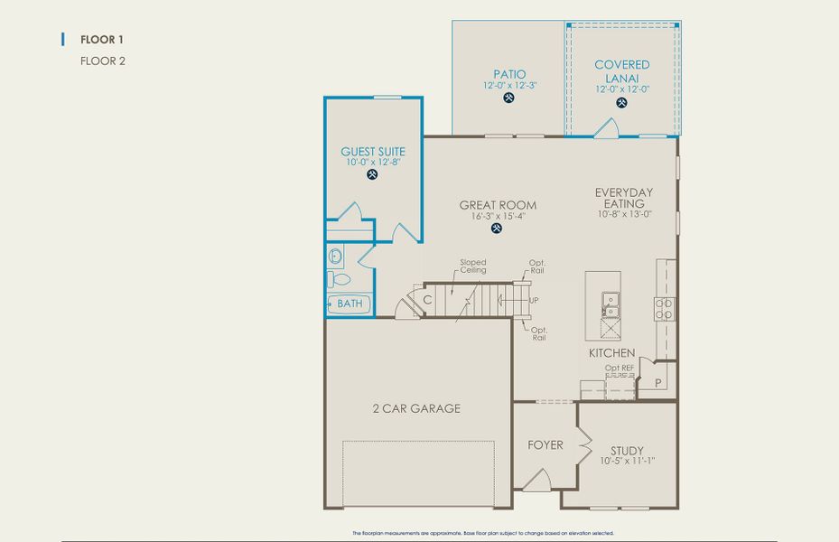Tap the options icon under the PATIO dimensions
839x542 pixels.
[x=509, y=98]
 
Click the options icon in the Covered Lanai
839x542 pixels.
[x=621, y=103]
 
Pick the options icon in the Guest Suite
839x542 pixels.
[x=373, y=175]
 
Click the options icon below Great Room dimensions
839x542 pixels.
[x=497, y=229]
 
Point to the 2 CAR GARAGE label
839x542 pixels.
[x=416, y=408]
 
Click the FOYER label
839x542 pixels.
[x=545, y=444]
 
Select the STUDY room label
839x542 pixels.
[x=627, y=450]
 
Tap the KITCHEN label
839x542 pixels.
[x=611, y=352]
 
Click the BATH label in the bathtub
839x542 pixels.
[x=350, y=304]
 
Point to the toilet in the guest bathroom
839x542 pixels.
[x=336, y=279]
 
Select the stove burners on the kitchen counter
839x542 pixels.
[x=665, y=309]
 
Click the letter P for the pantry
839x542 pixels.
[x=658, y=383]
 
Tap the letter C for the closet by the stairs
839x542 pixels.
[x=426, y=299]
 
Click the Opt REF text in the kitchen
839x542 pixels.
[x=620, y=368]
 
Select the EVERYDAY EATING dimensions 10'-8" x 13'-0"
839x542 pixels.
[x=623, y=214]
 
